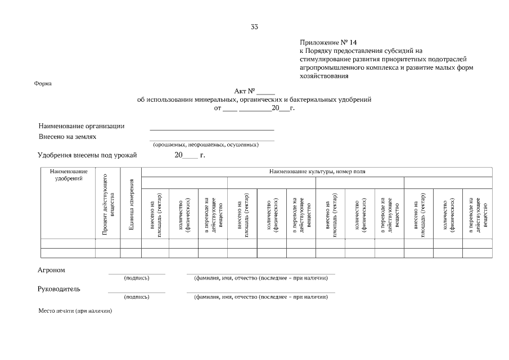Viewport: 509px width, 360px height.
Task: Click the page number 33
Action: tap(255, 26)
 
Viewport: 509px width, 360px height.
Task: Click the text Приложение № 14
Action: tap(328, 42)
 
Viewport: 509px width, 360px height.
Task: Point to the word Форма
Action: tap(43, 84)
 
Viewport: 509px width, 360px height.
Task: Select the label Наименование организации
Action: tap(82, 126)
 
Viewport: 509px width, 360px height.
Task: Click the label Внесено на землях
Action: tap(67, 137)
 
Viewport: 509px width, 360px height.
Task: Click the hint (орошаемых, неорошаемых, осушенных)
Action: tap(206, 145)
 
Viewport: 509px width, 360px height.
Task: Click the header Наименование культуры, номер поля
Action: tap(317, 172)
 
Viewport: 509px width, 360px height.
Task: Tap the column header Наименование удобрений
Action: tap(68, 175)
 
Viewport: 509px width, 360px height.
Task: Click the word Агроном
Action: tap(51, 270)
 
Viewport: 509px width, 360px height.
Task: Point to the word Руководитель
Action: tap(59, 289)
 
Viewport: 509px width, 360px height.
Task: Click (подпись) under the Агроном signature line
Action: tap(137, 277)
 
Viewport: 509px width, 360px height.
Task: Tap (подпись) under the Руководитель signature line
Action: tap(137, 296)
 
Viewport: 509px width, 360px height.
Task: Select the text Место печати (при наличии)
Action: tap(75, 310)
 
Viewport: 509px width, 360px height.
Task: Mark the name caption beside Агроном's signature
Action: tap(260, 277)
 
